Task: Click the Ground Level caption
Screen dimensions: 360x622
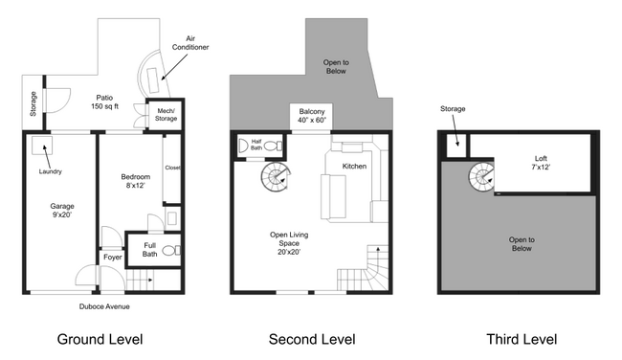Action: tap(100, 339)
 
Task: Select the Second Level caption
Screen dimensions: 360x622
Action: tap(311, 339)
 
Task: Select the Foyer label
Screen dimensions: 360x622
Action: tap(112, 258)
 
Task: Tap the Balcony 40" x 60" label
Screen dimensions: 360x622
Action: tap(311, 117)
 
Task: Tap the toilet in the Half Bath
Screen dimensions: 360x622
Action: tap(274, 146)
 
